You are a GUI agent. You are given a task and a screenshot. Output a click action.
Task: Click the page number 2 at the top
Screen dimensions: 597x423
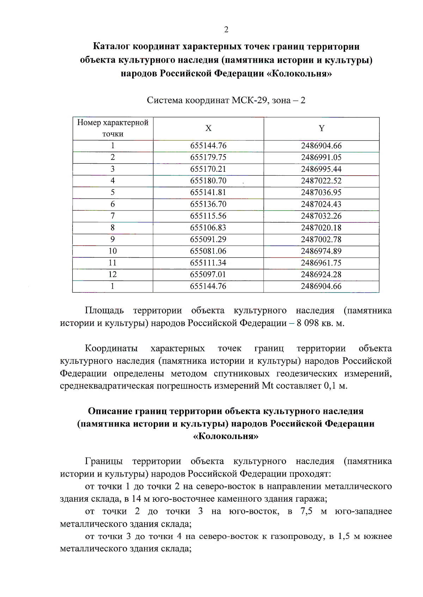pos(226,30)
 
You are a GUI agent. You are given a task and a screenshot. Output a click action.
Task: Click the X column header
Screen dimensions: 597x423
pos(208,128)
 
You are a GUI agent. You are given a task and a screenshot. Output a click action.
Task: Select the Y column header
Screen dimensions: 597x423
pos(321,128)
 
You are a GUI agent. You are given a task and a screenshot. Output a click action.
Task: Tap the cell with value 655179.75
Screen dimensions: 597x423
pos(208,157)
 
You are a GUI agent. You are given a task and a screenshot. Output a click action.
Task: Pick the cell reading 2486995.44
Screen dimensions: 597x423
pos(321,169)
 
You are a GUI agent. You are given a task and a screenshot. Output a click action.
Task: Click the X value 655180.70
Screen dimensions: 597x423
pos(208,181)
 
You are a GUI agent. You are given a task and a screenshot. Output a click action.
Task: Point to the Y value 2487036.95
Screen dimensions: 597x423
pos(321,193)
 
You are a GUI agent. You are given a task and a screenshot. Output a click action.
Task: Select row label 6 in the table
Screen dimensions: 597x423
pos(113,204)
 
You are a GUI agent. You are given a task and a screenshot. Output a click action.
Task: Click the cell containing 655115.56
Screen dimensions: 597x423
pos(208,216)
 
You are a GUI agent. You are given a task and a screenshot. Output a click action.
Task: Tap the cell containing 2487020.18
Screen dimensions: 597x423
pos(321,228)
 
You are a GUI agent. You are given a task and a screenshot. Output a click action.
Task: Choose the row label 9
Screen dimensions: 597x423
pos(113,239)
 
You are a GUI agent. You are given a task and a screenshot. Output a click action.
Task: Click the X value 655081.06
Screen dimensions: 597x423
pos(208,251)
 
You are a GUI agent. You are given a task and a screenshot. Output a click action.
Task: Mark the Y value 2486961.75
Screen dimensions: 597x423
pos(321,263)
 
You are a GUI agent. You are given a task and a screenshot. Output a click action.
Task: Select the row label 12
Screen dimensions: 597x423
pos(113,275)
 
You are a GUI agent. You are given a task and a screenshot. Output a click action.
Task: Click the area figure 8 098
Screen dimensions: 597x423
pos(307,323)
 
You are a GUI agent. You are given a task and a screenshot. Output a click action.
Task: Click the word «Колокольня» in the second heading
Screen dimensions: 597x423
pos(226,436)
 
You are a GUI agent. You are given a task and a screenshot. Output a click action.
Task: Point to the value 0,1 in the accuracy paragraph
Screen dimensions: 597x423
pos(329,386)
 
